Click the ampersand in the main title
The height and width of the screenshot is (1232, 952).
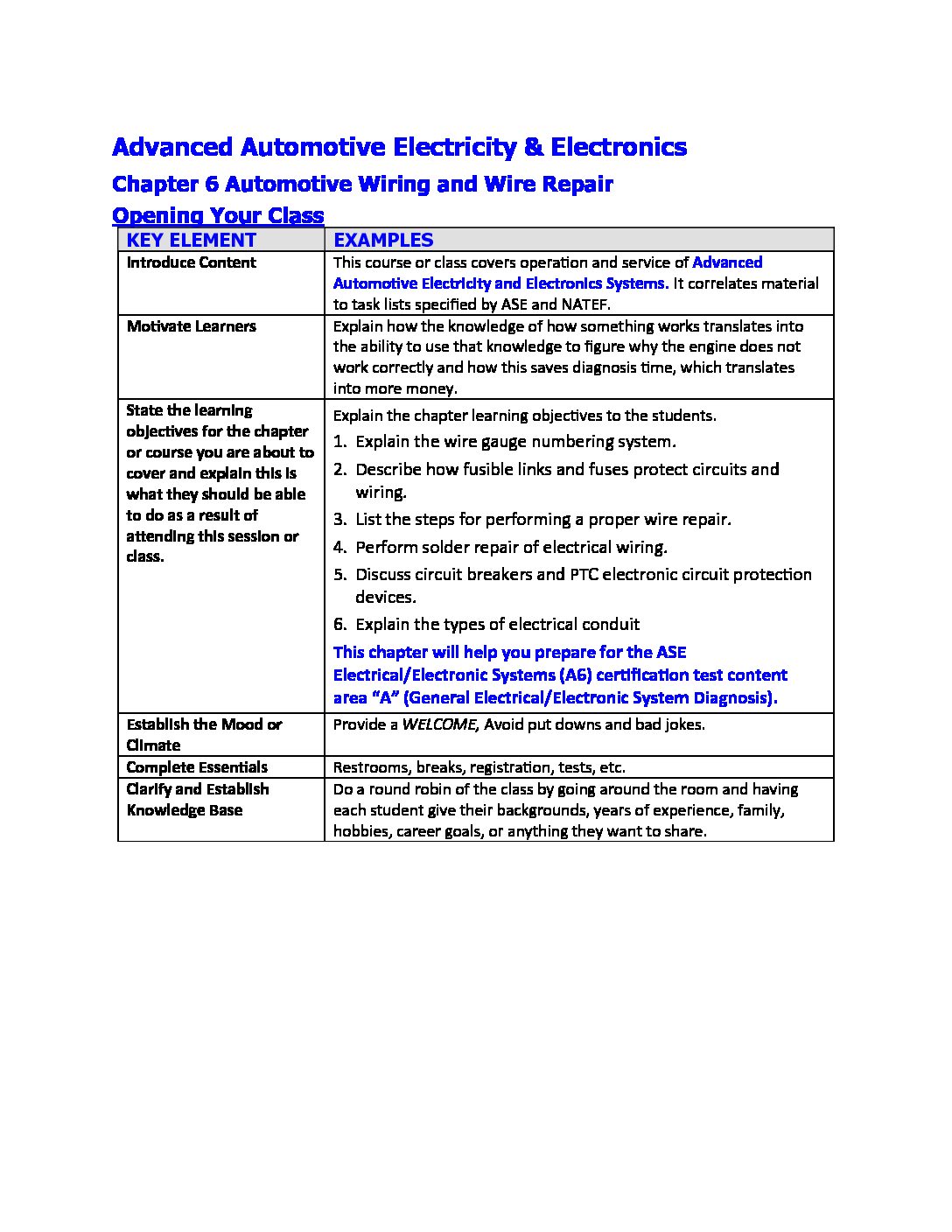[x=533, y=147]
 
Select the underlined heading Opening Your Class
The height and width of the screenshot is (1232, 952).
[x=219, y=215]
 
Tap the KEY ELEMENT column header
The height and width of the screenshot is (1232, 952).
[x=192, y=240]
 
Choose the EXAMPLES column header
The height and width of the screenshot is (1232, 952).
[x=383, y=240]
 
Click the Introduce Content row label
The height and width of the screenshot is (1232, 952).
[x=192, y=262]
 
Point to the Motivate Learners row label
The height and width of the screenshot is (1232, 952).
[x=192, y=326]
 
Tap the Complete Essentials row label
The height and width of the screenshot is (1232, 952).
[x=197, y=767]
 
